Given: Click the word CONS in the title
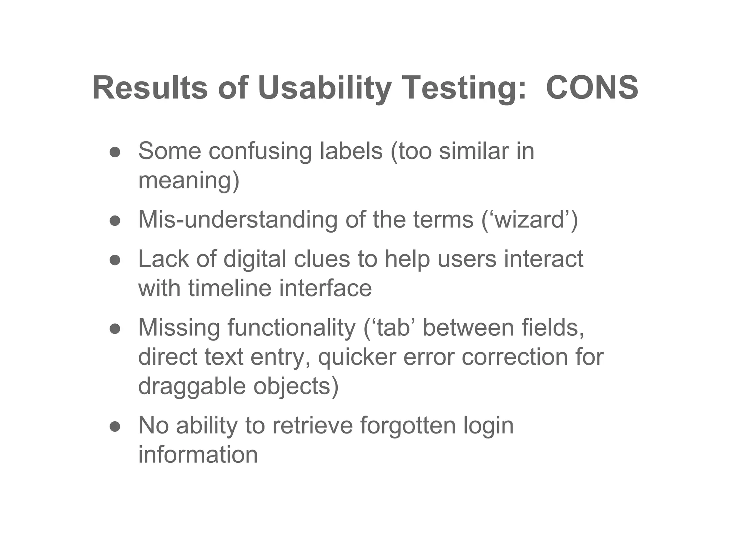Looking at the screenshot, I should [592, 88].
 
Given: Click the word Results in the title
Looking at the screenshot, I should [150, 88].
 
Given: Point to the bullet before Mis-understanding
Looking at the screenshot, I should [115, 221].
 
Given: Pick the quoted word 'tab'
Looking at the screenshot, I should [392, 328].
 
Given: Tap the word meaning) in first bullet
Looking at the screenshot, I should [189, 181].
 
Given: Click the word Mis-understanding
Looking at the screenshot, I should [238, 219].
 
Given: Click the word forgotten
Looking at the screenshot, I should [408, 425].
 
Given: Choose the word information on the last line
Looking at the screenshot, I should [198, 455].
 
